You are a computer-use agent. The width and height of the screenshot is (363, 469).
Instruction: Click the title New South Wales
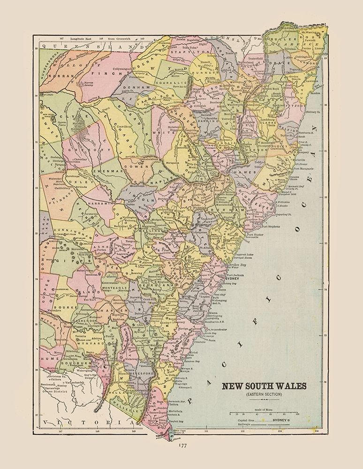point(263,386)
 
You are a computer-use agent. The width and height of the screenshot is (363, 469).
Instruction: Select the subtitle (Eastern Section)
point(263,394)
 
